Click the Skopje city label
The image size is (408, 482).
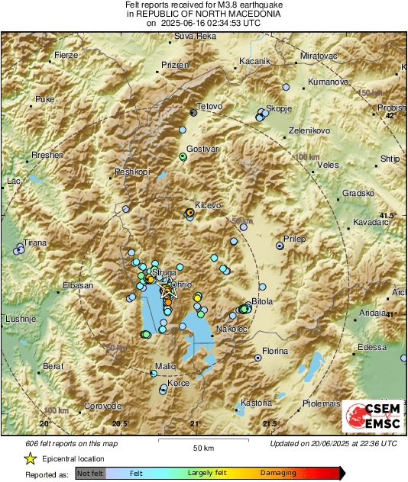(279, 109)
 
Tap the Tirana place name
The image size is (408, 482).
(34, 243)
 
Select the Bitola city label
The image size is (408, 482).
(262, 302)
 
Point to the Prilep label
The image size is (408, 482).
(294, 239)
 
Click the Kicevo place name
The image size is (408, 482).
(208, 206)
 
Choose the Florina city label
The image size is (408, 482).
(275, 352)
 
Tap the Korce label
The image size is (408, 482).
(179, 383)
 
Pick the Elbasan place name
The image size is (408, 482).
(76, 286)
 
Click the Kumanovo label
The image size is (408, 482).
(328, 82)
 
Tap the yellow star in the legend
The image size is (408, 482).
(30, 459)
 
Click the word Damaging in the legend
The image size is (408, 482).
(278, 473)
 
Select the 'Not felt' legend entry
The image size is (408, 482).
(90, 473)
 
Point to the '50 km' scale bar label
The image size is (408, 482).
(202, 448)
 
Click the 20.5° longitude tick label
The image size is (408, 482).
(120, 423)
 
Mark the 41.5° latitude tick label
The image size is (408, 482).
(389, 217)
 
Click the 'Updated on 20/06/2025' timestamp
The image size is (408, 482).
(334, 443)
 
